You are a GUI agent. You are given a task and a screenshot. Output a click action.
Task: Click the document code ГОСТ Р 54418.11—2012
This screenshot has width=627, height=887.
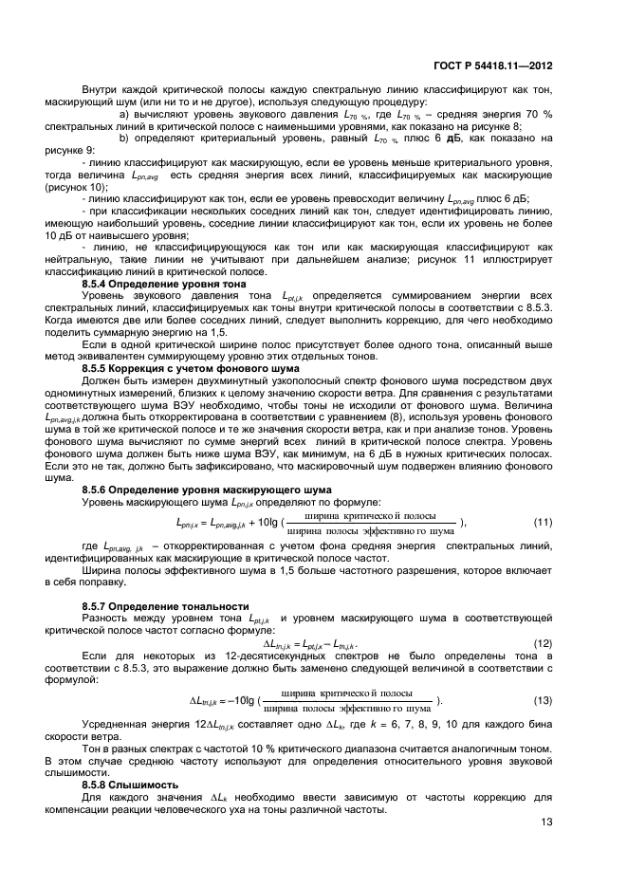click(x=494, y=66)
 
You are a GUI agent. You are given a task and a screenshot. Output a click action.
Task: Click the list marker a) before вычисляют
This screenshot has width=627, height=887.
click(x=123, y=115)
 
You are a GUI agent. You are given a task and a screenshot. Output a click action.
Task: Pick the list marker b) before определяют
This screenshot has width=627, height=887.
click(x=123, y=138)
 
